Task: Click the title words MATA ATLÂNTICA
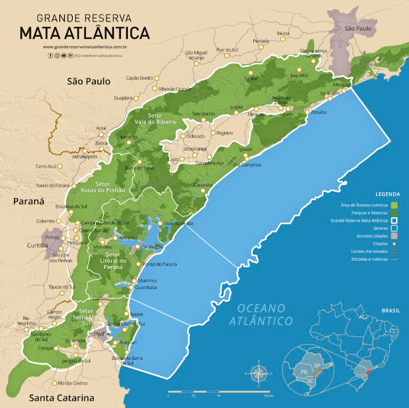84,33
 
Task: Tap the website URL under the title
84,47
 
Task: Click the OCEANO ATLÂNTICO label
261,314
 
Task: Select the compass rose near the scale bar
258,373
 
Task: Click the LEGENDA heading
388,194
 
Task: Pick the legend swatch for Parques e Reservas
394,213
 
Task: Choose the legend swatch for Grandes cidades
394,236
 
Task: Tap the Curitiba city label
38,245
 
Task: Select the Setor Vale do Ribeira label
155,118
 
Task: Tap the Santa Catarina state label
61,398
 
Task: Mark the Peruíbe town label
319,112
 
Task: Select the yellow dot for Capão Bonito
156,78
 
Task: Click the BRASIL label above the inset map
390,311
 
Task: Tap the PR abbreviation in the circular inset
303,372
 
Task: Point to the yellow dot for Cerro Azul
61,166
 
